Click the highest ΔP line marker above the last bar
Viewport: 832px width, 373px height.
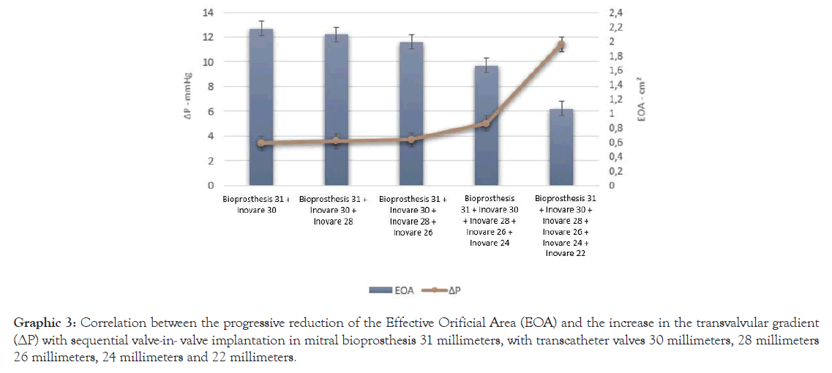pos(562,45)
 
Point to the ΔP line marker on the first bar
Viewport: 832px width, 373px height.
pos(261,143)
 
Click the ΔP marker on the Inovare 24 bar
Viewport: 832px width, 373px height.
pos(487,124)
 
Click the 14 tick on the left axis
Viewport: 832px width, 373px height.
pos(209,13)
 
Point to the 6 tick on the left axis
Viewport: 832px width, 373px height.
pos(211,111)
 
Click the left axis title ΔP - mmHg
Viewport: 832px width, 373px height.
pos(187,99)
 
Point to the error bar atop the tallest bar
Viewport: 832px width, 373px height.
pos(261,27)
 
